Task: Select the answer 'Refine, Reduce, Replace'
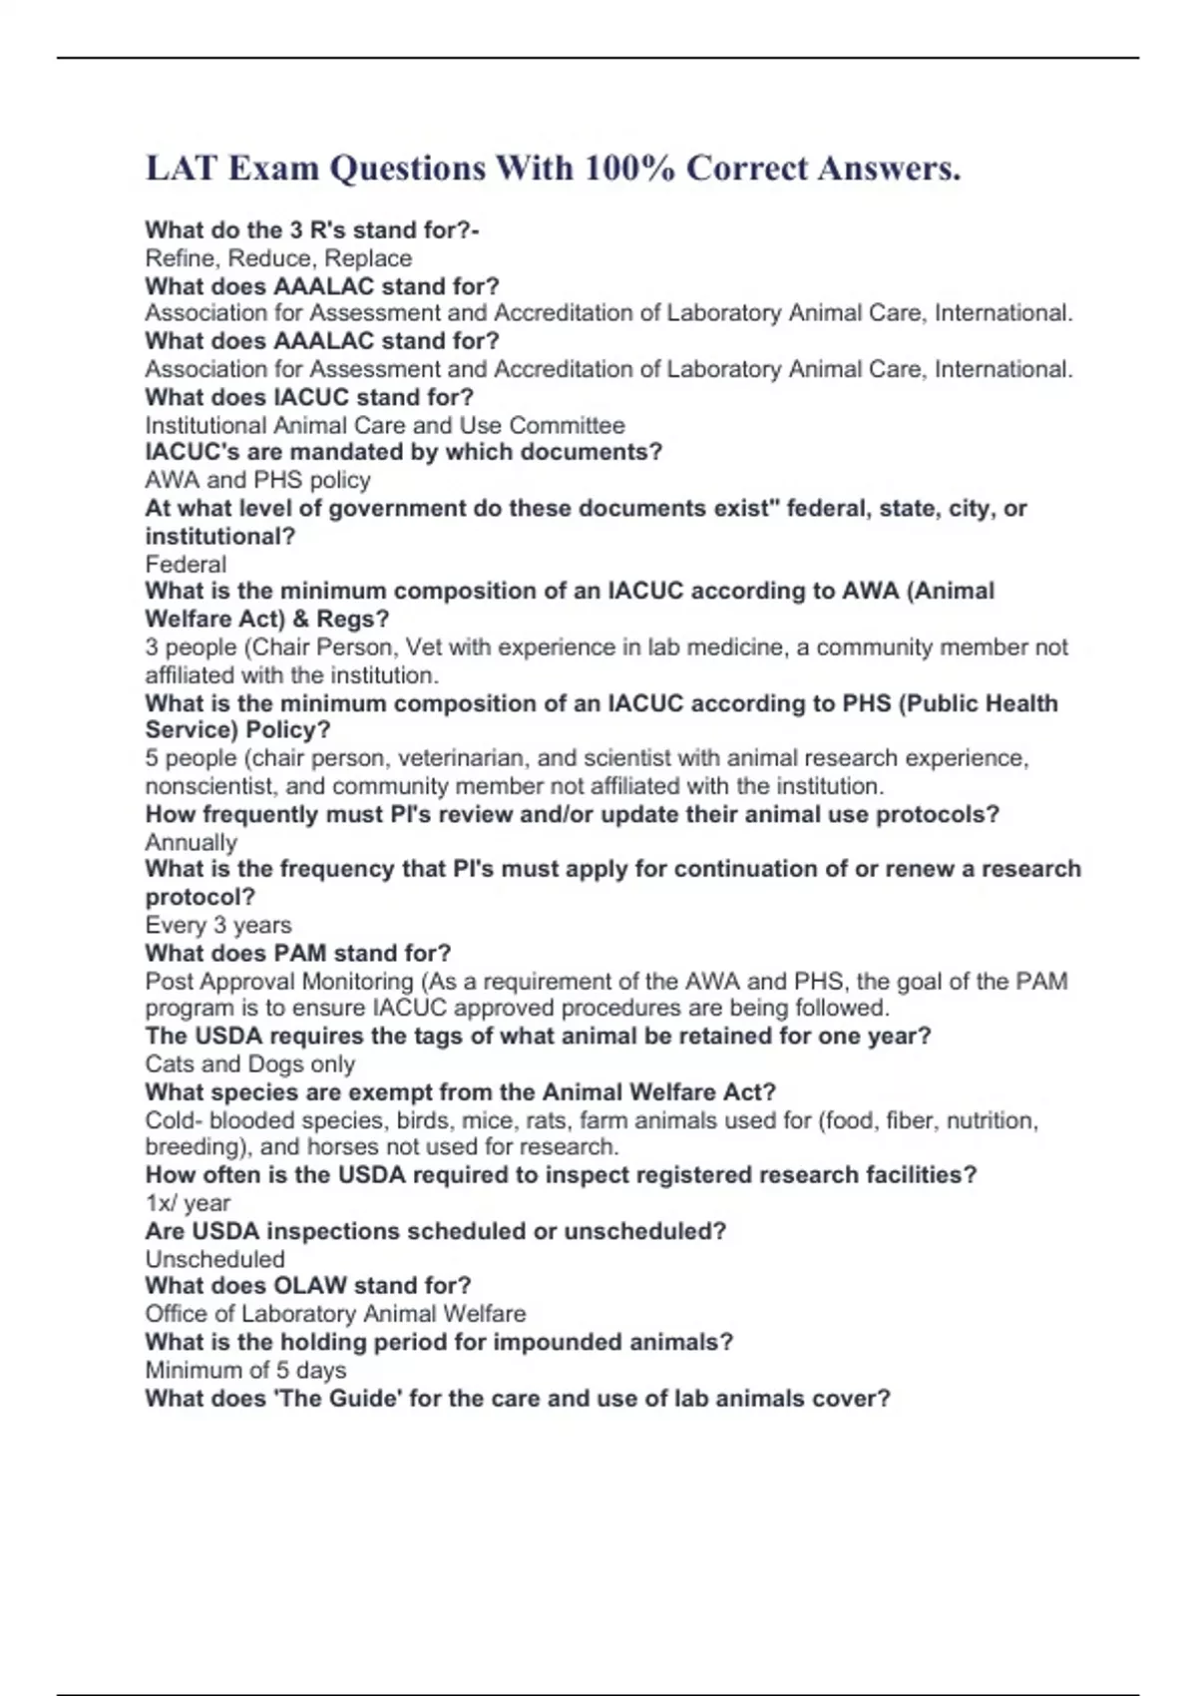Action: tap(278, 258)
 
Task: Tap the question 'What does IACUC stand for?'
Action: tap(309, 397)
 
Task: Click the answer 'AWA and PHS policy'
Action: tap(257, 480)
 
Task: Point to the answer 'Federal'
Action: tap(186, 564)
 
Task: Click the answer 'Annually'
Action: tap(191, 842)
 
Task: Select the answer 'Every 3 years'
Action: tap(218, 925)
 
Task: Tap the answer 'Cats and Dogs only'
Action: tap(249, 1063)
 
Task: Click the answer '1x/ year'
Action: tap(188, 1203)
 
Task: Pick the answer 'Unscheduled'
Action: tap(214, 1259)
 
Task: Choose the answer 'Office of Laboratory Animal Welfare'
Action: tap(335, 1314)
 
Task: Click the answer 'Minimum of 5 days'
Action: tap(245, 1370)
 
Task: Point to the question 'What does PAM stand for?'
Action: tap(297, 953)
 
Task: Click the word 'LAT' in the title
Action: tap(181, 169)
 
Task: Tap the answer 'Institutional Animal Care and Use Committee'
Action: tap(385, 425)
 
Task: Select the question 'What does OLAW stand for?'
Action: tap(307, 1286)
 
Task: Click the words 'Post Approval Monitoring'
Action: tap(279, 982)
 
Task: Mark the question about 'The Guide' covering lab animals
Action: tap(517, 1398)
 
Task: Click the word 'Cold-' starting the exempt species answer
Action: tap(174, 1120)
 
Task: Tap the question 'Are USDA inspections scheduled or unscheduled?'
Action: tap(435, 1231)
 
